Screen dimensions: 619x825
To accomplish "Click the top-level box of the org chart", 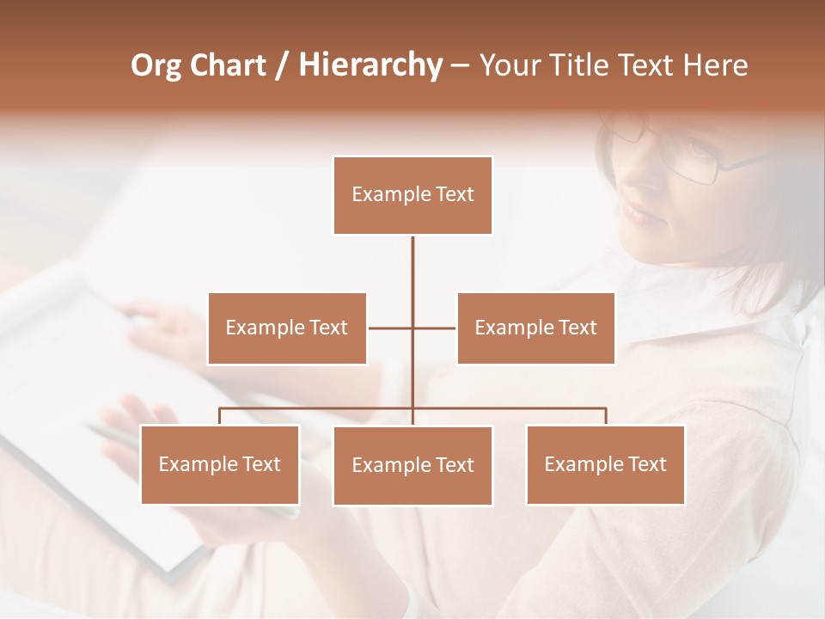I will pyautogui.click(x=412, y=195).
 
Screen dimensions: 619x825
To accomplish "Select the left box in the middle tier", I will pyautogui.click(x=287, y=328).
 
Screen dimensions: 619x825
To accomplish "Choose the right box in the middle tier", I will pyautogui.click(x=535, y=328).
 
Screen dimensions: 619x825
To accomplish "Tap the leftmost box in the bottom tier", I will pyautogui.click(x=219, y=464).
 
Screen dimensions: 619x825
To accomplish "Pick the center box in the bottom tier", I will pyautogui.click(x=412, y=465).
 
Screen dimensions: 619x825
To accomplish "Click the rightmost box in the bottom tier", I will pyautogui.click(x=605, y=464).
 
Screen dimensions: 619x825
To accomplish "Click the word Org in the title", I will pyautogui.click(x=156, y=65).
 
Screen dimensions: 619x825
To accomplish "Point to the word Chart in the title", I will pyautogui.click(x=227, y=65).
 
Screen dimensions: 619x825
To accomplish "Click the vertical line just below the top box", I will pyautogui.click(x=412, y=258).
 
